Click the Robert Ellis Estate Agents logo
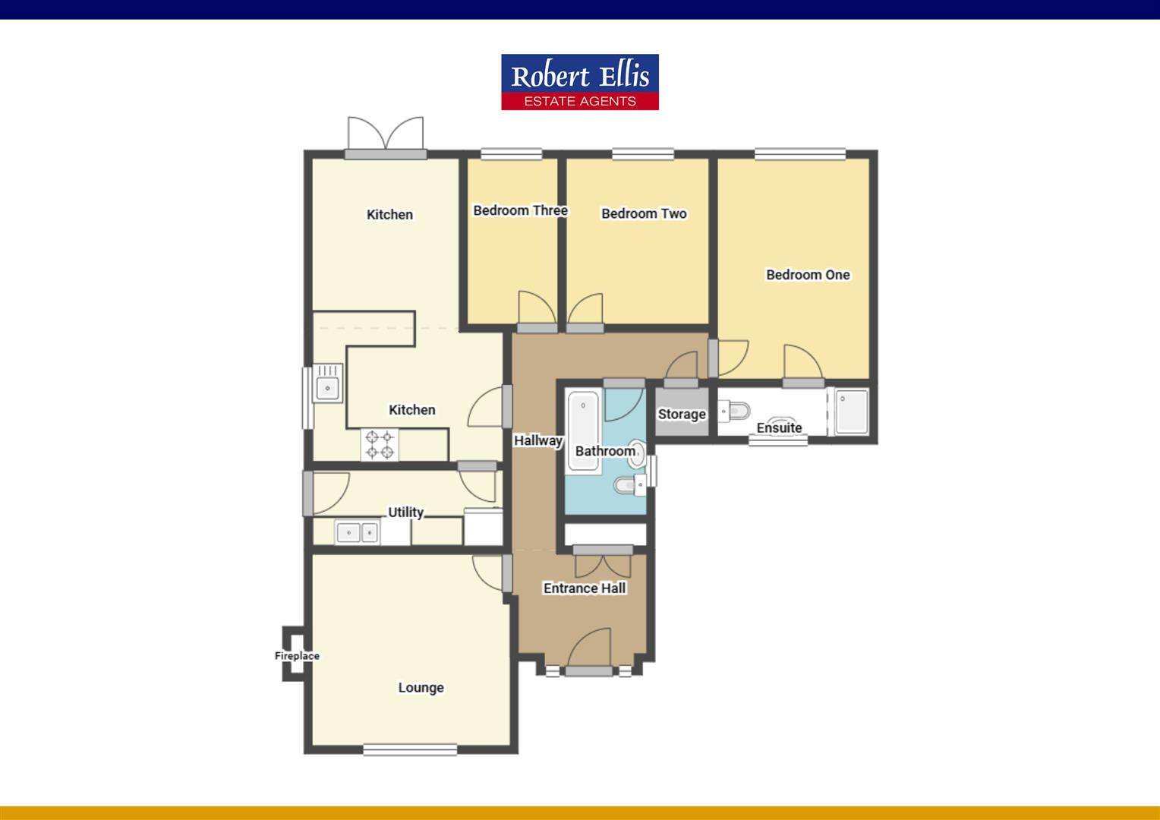point(579,82)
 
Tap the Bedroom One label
point(807,275)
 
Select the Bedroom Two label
point(644,214)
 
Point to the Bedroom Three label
point(520,210)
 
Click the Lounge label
point(421,688)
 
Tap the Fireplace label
point(297,656)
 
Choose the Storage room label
point(681,415)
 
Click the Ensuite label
point(779,428)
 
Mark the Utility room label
point(405,512)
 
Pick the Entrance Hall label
point(585,588)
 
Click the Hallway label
point(537,440)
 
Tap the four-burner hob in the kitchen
point(380,445)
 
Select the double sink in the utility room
point(357,532)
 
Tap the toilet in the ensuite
point(734,411)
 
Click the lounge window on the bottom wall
point(410,750)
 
